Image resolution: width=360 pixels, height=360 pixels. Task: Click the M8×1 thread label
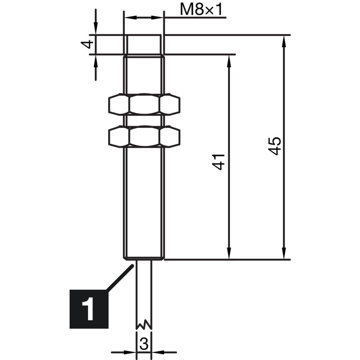coord(201,10)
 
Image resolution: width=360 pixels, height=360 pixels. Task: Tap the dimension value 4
coord(88,44)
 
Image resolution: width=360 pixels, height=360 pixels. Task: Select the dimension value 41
coord(218,162)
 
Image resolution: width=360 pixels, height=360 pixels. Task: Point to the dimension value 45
coord(274,146)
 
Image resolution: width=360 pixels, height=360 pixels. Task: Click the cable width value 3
coord(144,344)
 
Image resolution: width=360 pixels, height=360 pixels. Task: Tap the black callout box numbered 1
coord(89,309)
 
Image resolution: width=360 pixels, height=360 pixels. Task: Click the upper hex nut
coord(144,104)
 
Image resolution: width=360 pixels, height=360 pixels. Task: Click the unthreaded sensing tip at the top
coord(144,45)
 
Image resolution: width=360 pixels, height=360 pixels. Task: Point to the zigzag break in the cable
coord(144,324)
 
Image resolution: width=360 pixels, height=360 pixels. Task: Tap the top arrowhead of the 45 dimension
coord(284,41)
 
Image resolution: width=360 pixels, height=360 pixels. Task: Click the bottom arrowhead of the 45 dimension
coord(284,254)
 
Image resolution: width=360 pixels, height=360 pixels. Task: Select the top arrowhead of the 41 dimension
coord(229,61)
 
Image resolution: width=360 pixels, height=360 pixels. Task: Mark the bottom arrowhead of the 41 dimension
coord(229,254)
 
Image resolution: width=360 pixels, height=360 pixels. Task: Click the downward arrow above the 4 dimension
coord(96,22)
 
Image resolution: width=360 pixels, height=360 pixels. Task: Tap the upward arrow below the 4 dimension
coord(96,68)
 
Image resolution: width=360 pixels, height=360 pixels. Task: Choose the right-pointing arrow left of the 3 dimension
coord(124,352)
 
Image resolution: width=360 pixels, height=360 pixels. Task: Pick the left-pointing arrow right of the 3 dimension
coord(164,352)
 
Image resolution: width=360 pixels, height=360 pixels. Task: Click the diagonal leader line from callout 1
coord(120,278)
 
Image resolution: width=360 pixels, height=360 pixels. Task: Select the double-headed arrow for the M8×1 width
coord(144,18)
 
